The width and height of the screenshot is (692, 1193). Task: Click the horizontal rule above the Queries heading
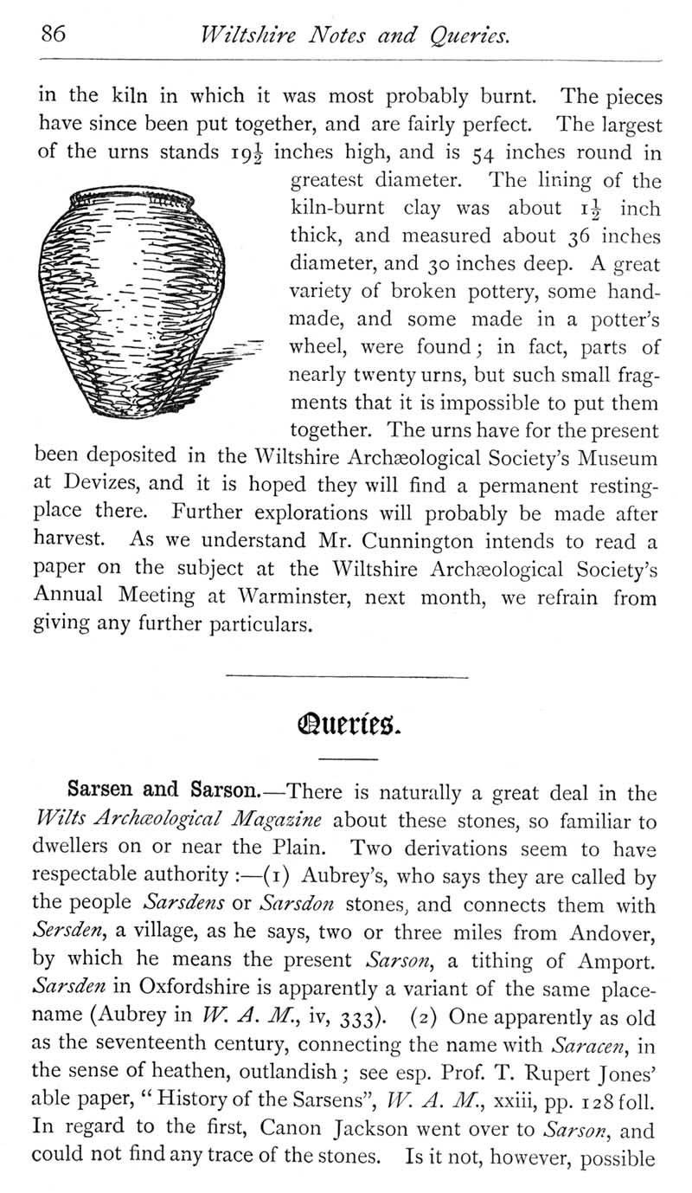click(346, 676)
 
